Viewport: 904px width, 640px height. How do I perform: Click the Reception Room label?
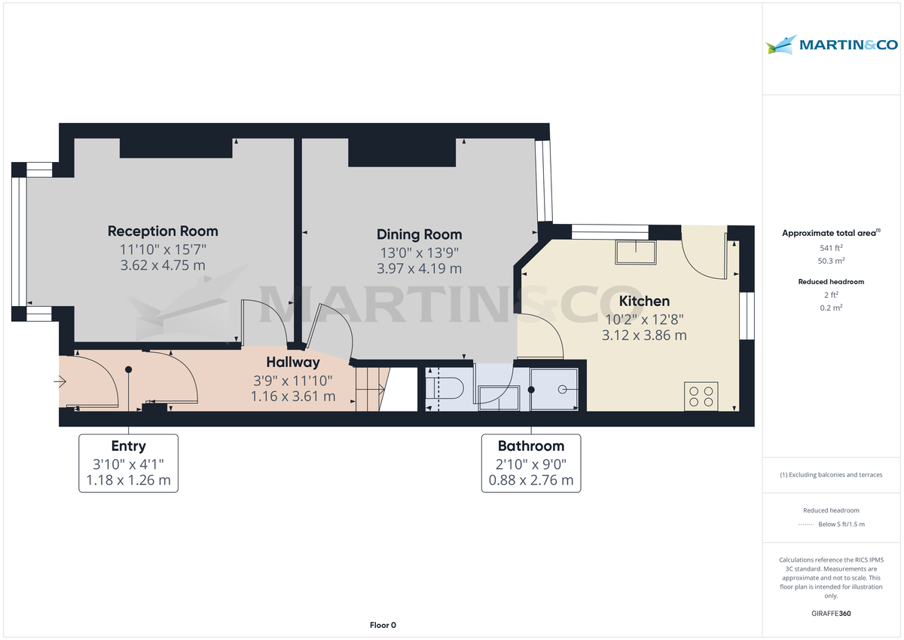pos(163,231)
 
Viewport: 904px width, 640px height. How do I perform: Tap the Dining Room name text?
pos(419,234)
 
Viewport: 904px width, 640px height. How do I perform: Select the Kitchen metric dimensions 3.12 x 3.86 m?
pos(644,335)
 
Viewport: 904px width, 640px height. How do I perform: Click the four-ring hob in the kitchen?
pos(701,396)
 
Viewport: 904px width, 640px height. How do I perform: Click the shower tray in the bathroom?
pos(554,389)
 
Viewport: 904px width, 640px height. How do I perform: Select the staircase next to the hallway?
pos(371,389)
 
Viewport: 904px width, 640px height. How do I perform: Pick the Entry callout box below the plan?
pos(128,463)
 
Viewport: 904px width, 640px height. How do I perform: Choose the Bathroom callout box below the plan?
pos(531,463)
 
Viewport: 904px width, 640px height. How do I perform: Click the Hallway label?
pos(292,363)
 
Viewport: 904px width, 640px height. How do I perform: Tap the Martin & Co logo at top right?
pos(832,45)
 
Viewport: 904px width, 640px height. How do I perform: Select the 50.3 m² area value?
pos(831,261)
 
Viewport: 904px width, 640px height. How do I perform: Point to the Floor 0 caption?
pos(383,625)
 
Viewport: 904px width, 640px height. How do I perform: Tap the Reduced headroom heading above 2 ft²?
pos(831,282)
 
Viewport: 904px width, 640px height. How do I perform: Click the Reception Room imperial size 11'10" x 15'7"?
pos(163,249)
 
